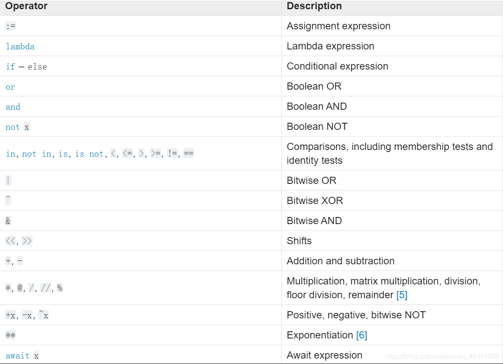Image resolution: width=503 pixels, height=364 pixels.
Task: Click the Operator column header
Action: (26, 6)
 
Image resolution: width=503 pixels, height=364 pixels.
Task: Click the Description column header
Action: (314, 6)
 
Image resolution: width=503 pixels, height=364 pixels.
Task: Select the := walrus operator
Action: (10, 26)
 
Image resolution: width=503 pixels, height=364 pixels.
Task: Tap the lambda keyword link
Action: (20, 46)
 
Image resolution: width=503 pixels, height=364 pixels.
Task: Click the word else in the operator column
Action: (37, 67)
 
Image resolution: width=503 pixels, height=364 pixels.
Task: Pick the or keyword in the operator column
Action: (10, 87)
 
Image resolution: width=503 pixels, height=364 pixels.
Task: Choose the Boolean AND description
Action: (316, 106)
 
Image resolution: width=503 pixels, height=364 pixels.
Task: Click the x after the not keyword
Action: (27, 127)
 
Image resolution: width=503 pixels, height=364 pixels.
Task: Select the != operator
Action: (172, 153)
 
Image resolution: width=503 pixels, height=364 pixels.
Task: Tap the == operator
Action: (189, 153)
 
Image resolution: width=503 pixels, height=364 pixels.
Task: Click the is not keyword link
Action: (89, 154)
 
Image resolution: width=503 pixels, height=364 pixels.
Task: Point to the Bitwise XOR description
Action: (315, 201)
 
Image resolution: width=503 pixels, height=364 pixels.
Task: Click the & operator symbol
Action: (8, 221)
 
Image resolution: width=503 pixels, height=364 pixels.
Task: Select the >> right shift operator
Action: (27, 241)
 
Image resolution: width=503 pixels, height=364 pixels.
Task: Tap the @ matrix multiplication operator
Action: (20, 288)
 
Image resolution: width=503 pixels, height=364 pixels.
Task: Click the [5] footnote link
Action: (402, 295)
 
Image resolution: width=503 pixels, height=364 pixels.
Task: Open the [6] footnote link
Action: (361, 335)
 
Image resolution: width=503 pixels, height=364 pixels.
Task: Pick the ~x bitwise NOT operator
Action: (44, 315)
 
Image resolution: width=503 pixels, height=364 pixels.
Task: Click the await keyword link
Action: (18, 356)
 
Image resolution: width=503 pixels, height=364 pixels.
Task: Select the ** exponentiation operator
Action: (10, 335)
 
